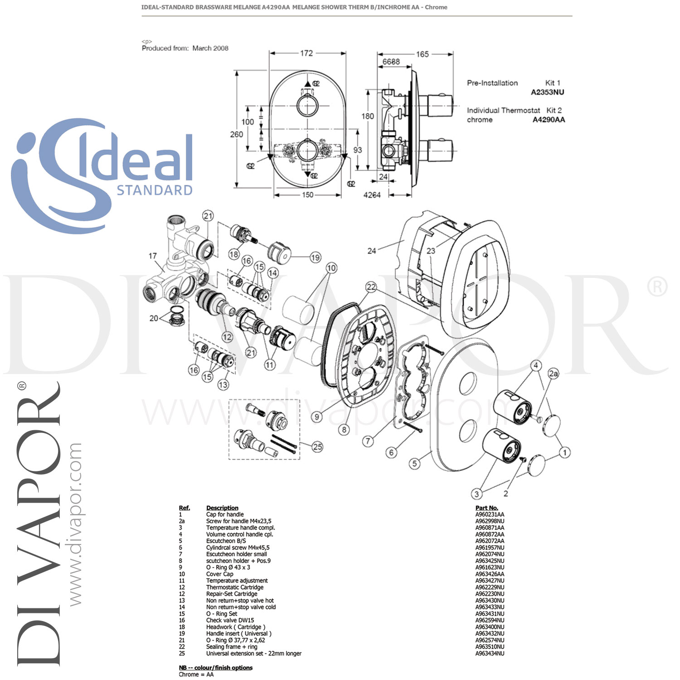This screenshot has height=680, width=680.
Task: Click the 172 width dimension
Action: click(x=306, y=53)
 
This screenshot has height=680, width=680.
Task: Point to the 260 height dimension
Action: click(x=236, y=134)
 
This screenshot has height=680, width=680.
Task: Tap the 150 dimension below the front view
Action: click(x=307, y=195)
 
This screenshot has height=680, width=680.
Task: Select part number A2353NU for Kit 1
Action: click(x=548, y=92)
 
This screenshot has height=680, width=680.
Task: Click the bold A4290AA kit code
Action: click(x=549, y=120)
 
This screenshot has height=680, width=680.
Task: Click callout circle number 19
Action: click(x=315, y=257)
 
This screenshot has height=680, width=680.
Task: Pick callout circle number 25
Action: click(x=317, y=447)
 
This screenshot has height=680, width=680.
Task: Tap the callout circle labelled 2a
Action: click(x=554, y=374)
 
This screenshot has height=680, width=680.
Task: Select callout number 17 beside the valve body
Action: click(x=152, y=256)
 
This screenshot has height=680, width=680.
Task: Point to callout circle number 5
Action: click(x=414, y=463)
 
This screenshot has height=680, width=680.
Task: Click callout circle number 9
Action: click(x=317, y=417)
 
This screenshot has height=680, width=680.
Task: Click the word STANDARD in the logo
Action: click(x=155, y=190)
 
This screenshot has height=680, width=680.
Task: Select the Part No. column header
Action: click(x=486, y=508)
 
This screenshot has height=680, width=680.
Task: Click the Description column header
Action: click(x=222, y=508)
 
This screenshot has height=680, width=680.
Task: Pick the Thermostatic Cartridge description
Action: click(x=234, y=587)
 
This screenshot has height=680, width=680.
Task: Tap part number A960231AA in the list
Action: click(x=490, y=515)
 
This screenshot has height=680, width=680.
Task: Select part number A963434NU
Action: click(x=490, y=653)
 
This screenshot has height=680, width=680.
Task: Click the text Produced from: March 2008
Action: click(x=185, y=48)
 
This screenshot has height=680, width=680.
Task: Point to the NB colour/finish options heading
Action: click(x=216, y=667)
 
